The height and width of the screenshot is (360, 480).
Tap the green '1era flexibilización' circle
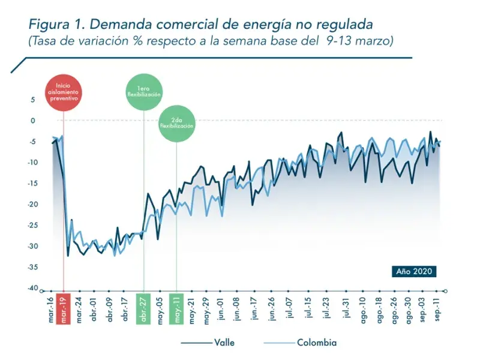tap(143, 91)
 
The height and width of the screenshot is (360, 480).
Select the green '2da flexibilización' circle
tap(176, 123)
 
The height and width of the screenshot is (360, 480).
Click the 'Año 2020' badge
tap(415, 271)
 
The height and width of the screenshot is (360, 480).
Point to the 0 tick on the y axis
tap(33, 121)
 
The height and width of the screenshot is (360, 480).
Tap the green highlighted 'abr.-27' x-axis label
tap(144, 310)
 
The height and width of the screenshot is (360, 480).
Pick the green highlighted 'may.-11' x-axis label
tap(177, 310)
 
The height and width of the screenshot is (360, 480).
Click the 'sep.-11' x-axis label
tap(439, 310)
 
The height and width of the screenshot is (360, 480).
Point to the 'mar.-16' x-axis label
tap(50, 310)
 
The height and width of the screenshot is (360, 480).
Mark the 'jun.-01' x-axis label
tap(222, 310)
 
